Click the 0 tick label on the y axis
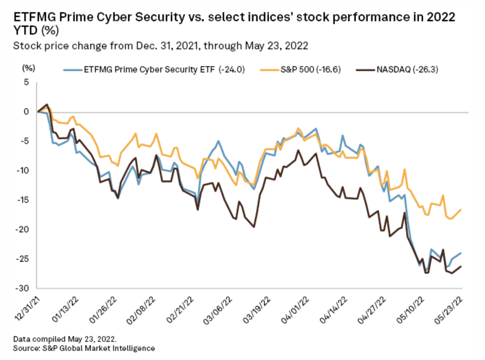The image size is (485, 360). point(27,112)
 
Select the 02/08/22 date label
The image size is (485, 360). point(143,308)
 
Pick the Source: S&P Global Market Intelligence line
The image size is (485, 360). point(84,348)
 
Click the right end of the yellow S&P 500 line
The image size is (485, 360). point(462,209)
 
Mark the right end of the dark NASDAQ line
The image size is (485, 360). point(462,266)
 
